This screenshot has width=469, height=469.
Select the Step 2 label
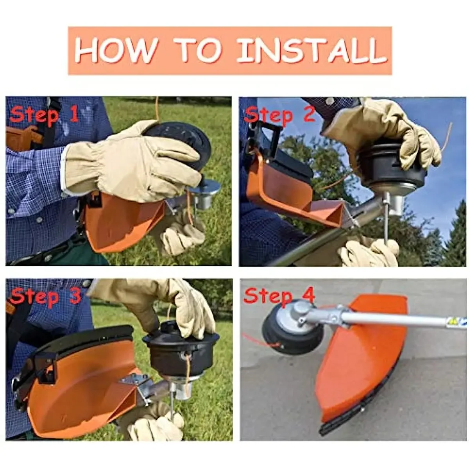point(279,115)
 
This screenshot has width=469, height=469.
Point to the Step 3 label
point(45,296)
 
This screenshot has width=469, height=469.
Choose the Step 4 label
point(279,295)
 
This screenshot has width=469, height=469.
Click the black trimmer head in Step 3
point(180,352)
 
